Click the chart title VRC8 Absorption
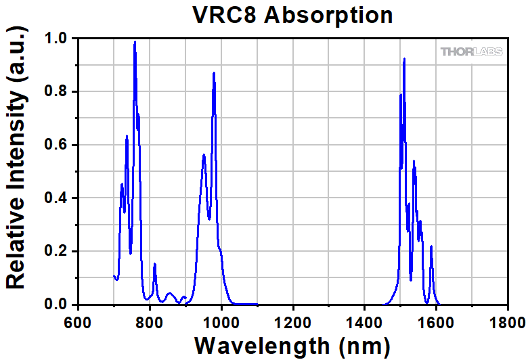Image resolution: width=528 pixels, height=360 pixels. click(x=292, y=15)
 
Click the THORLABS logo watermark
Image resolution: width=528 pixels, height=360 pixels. click(x=472, y=51)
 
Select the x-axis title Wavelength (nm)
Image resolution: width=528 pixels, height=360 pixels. click(x=292, y=345)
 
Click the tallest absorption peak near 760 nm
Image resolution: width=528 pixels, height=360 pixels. click(x=135, y=43)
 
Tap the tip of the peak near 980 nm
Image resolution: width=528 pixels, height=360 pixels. click(x=214, y=73)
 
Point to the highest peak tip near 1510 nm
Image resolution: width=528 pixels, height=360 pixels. click(x=404, y=60)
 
